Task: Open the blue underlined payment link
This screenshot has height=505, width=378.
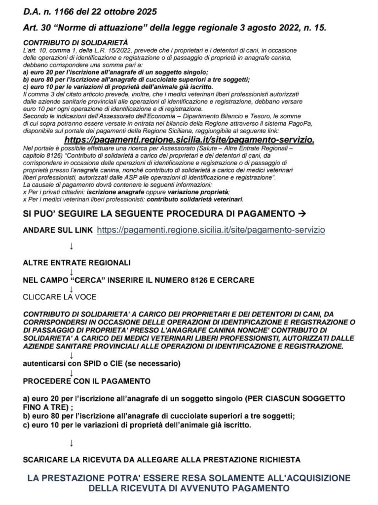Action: pos(211,230)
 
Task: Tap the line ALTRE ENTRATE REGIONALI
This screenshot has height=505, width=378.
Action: pos(77,262)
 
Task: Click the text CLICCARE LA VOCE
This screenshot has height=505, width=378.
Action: pos(59,297)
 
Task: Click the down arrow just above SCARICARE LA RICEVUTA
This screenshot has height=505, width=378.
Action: pos(72,442)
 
